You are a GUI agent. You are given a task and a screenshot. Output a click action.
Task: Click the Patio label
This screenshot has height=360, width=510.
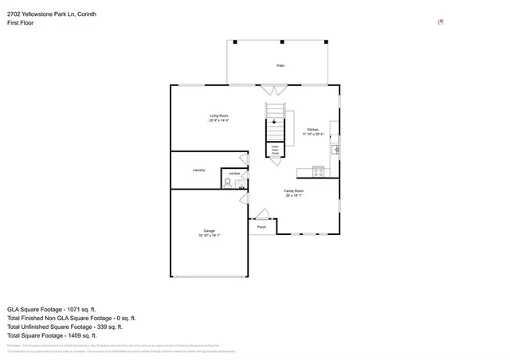pyautogui.click(x=280, y=65)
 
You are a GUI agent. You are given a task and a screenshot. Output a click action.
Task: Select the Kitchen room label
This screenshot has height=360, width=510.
pyautogui.click(x=313, y=129)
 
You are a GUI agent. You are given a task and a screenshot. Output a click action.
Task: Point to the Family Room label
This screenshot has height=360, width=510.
pyautogui.click(x=294, y=191)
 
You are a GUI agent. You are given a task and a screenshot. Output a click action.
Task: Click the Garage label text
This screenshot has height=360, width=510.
pyautogui.click(x=209, y=231)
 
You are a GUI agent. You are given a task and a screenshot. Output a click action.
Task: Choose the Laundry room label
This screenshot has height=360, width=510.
pyautogui.click(x=199, y=170)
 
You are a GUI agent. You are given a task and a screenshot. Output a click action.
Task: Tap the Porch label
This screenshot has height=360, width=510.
pyautogui.click(x=261, y=227)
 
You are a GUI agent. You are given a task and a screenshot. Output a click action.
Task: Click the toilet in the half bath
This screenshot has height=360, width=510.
pyautogui.click(x=228, y=182)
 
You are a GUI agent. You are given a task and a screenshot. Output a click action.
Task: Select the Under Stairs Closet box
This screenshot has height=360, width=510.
pyautogui.click(x=275, y=151)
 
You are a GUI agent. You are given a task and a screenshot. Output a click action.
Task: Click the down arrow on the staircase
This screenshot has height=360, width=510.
pyautogui.click(x=275, y=122)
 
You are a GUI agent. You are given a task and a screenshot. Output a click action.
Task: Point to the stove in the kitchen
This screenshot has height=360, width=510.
pyautogui.click(x=318, y=170)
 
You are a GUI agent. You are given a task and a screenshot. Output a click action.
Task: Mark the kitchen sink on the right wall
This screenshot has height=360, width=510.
pyautogui.click(x=335, y=148)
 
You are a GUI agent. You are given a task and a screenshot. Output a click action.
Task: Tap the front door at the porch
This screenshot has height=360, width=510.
pyautogui.click(x=262, y=214)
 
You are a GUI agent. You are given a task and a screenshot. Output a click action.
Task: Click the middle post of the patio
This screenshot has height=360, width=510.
pyautogui.click(x=282, y=41)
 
